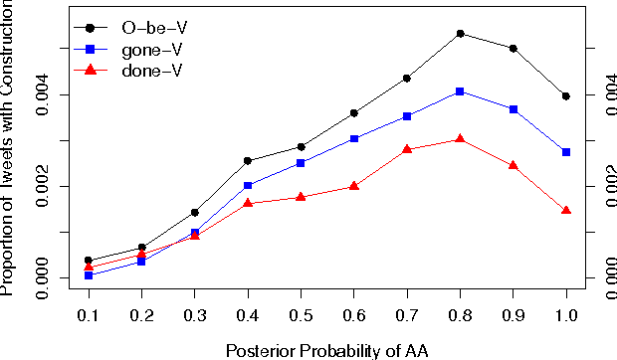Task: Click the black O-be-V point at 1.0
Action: point(566,96)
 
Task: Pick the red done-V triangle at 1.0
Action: point(566,210)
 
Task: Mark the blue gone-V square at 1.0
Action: point(566,152)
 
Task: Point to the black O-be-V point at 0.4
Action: point(248,160)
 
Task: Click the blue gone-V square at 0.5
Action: point(301,163)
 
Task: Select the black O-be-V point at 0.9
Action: point(513,49)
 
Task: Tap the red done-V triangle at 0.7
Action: point(407,149)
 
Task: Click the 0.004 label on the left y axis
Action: point(43,95)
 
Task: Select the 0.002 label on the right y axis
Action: point(604,187)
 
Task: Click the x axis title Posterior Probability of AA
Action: point(326,349)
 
